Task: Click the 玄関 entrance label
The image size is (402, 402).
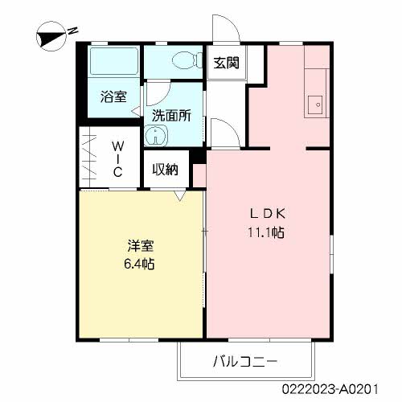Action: click(x=227, y=64)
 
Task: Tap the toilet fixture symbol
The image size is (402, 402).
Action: click(x=182, y=60)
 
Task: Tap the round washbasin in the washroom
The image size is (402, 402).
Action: click(x=158, y=136)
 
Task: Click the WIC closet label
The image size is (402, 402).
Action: click(x=117, y=159)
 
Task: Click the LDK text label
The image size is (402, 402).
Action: click(x=268, y=214)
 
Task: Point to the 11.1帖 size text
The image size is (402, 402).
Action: click(x=268, y=233)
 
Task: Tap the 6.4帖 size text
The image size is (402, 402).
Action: click(x=138, y=264)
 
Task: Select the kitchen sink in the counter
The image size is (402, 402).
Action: click(x=316, y=103)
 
